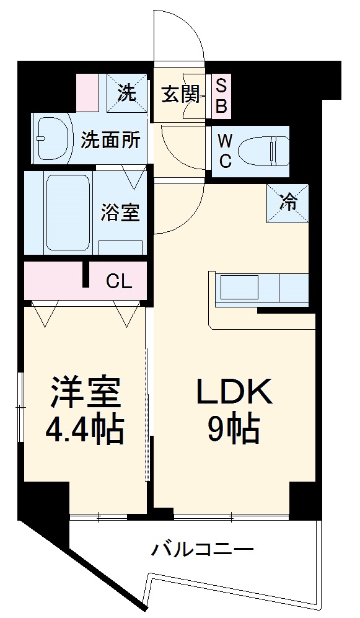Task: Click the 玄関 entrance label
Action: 180,94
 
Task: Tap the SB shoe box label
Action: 221,95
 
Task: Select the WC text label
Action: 224,151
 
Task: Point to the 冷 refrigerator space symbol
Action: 288,203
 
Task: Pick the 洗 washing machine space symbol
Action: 126,93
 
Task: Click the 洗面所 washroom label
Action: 110,139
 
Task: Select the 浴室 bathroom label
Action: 120,212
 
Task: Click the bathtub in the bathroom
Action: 68,212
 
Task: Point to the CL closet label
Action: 118,282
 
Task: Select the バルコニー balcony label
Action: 202,549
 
